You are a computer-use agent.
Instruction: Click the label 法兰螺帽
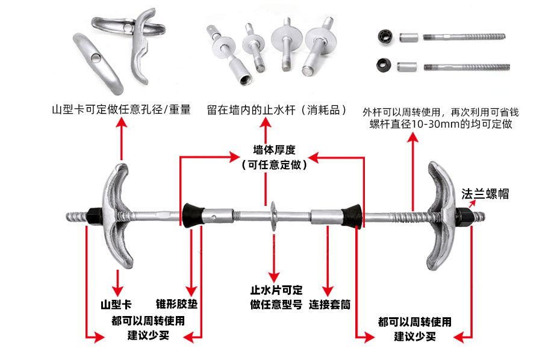(485, 194)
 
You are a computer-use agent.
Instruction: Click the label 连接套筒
(330, 305)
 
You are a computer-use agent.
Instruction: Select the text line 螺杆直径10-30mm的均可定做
(441, 125)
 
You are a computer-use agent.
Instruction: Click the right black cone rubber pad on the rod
(350, 216)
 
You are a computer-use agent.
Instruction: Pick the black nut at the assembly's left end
(96, 216)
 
